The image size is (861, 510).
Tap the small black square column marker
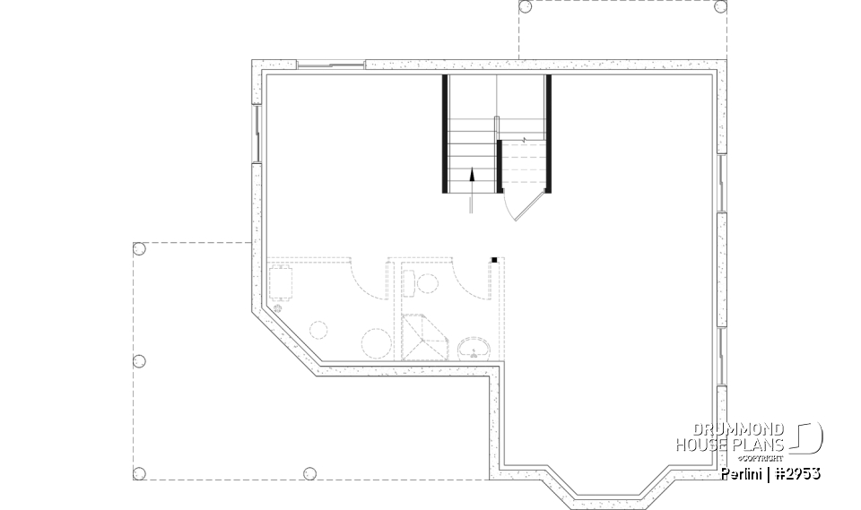pyautogui.click(x=493, y=260)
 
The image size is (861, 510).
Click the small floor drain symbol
pyautogui.click(x=278, y=308)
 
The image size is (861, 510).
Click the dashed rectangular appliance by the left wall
pyautogui.click(x=284, y=281)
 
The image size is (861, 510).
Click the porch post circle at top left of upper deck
pyautogui.click(x=526, y=6)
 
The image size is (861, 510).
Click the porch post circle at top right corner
pyautogui.click(x=719, y=6)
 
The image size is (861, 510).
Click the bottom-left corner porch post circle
pyautogui.click(x=139, y=472)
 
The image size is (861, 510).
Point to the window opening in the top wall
pyautogui.click(x=330, y=65)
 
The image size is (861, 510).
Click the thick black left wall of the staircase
pyautogui.click(x=445, y=134)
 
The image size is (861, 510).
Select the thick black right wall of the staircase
pyautogui.click(x=548, y=134)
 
